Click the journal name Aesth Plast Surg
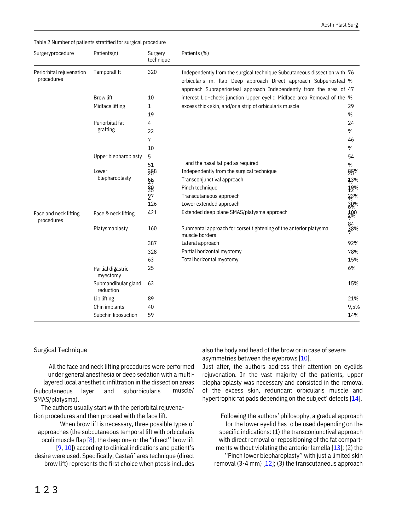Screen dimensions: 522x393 (339, 25)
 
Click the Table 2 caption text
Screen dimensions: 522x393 (100, 42)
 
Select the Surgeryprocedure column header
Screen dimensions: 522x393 (54, 53)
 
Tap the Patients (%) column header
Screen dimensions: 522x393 (195, 53)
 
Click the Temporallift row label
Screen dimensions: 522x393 (107, 72)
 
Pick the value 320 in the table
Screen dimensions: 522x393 (152, 72)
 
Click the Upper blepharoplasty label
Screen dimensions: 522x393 (118, 156)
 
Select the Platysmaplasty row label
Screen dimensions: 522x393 (111, 228)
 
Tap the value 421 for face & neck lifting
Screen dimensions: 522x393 (152, 212)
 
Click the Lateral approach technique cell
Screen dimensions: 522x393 (200, 243)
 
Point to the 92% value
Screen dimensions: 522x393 (353, 243)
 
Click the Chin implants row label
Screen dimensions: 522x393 (109, 307)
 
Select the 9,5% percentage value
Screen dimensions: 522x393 (354, 307)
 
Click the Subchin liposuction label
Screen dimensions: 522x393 (115, 315)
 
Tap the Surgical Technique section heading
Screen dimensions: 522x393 (60, 350)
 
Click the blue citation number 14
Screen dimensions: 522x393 (355, 399)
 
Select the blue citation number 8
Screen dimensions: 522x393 (91, 440)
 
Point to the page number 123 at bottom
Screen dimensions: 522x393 (46, 490)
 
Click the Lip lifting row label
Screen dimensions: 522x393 (104, 299)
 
